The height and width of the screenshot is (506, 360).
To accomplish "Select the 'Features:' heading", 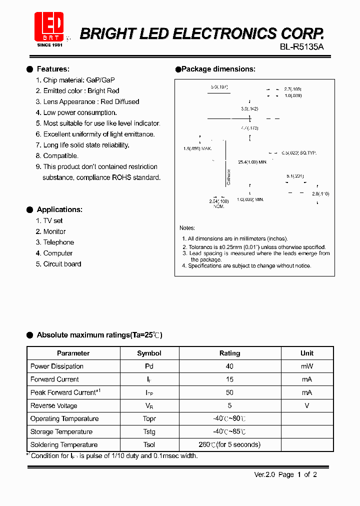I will (x=53, y=69).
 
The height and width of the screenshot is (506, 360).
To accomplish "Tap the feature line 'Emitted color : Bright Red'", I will (x=81, y=91).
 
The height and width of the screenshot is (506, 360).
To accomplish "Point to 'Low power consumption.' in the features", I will (x=80, y=112).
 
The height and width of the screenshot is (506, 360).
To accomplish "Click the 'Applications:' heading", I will (x=59, y=209).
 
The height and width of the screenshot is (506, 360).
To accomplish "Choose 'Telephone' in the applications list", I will (x=58, y=242).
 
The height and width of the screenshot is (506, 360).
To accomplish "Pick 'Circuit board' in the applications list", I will (x=62, y=264).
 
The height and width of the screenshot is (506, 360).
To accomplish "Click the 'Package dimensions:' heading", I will (x=218, y=69).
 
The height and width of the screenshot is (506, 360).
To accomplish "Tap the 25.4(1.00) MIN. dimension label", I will (x=252, y=162).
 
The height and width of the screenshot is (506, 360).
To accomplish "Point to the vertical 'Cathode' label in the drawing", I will (x=229, y=177).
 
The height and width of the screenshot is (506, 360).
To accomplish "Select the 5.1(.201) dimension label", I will (x=295, y=176).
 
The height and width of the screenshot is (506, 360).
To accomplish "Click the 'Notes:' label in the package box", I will (x=187, y=228).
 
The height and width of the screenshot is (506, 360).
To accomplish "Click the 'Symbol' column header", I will (x=149, y=353).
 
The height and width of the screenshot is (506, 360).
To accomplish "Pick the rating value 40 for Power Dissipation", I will (x=229, y=366).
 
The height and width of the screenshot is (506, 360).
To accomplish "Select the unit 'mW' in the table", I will (x=306, y=366).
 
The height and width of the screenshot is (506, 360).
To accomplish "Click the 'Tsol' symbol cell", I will (x=149, y=444).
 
